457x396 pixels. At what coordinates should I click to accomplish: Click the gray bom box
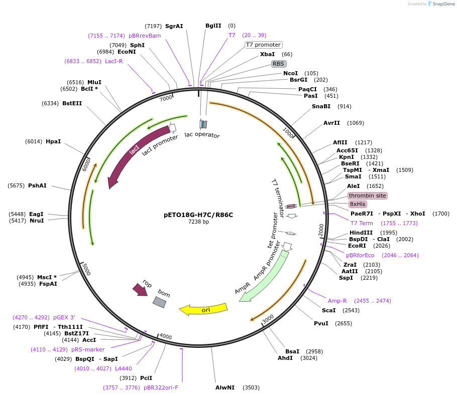[160, 302]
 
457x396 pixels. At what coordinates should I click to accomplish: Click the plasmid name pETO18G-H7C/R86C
[198, 215]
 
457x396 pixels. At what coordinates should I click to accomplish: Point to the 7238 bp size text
[198, 222]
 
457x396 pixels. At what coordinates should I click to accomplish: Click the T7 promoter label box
[263, 45]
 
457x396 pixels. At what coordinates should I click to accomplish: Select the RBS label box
[278, 64]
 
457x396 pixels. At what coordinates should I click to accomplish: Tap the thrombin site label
[368, 195]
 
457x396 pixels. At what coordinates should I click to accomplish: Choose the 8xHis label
[358, 204]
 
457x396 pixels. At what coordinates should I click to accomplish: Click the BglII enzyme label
[213, 26]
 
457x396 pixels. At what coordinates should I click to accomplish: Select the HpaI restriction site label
[53, 141]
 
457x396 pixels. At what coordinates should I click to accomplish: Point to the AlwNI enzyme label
[225, 387]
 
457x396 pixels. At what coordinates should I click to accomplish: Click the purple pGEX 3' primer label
[64, 317]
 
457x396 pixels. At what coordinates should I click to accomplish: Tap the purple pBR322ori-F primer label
[161, 387]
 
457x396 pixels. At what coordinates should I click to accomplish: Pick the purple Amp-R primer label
[337, 301]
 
